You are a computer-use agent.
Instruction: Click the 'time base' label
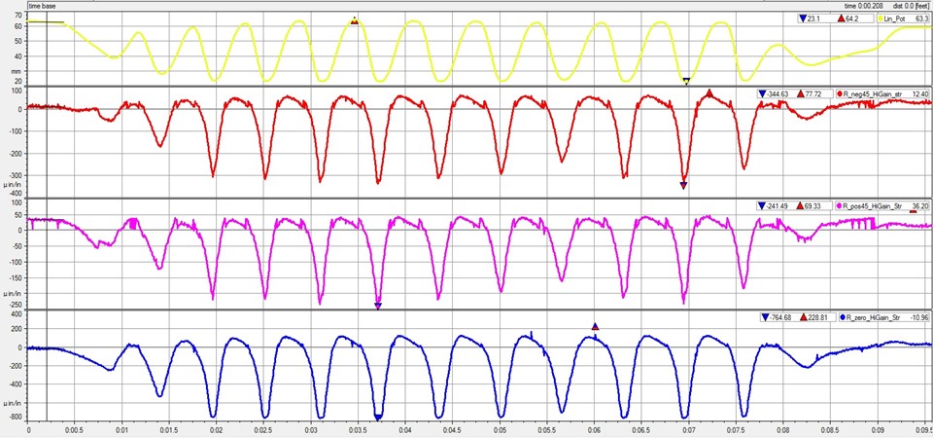click(44, 5)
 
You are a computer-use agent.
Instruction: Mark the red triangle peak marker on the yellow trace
click(355, 20)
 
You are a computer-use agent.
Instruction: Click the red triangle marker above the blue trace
click(596, 327)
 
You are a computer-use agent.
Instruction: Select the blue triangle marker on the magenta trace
click(378, 307)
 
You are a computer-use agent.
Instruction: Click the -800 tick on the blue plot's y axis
click(15, 417)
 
